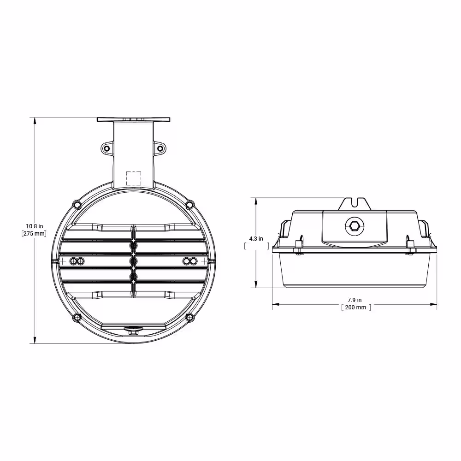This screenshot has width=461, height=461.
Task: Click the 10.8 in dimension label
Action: (x=34, y=226)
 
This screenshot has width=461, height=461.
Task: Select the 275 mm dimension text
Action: (x=34, y=234)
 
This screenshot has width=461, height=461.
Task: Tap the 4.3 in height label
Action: (x=256, y=239)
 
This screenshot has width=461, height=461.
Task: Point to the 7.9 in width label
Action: (x=355, y=300)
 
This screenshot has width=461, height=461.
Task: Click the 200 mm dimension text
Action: (x=355, y=307)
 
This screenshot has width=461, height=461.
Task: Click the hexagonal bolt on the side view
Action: (x=354, y=226)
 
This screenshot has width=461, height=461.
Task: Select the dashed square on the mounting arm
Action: (x=134, y=178)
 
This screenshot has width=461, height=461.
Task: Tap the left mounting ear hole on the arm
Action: (x=106, y=148)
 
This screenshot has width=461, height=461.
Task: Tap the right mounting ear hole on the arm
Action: (x=160, y=148)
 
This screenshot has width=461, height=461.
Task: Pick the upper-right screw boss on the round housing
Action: (x=189, y=204)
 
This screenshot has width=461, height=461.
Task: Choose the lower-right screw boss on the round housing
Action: (x=189, y=317)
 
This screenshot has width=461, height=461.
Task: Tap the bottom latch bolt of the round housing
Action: (x=133, y=331)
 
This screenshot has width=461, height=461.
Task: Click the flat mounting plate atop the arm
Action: (x=134, y=119)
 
